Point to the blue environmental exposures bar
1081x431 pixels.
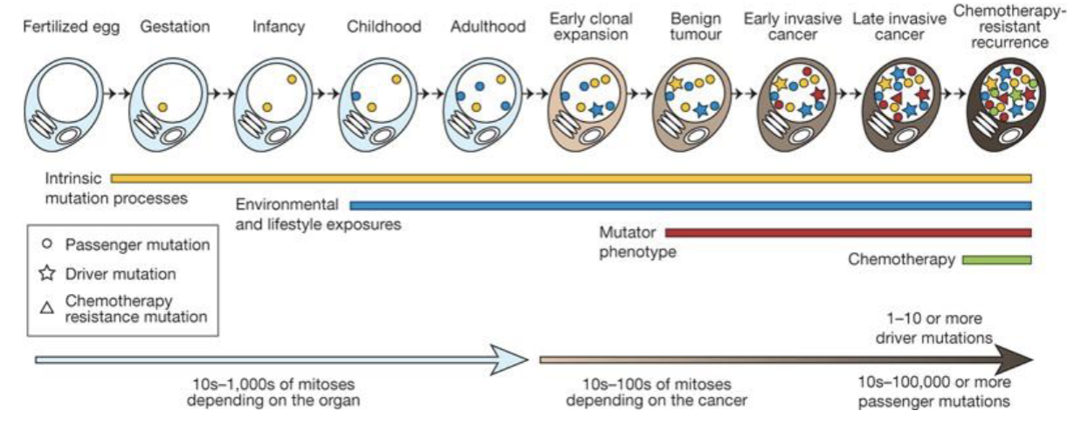pos(690,206)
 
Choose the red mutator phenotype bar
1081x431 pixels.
pos(847,233)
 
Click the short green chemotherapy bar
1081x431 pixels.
pos(996,259)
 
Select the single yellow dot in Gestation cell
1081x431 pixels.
pos(162,107)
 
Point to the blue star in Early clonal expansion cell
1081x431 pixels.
pos(597,110)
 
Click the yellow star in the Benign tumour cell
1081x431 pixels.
pos(675,84)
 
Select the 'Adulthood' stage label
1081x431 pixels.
pos(488,27)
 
